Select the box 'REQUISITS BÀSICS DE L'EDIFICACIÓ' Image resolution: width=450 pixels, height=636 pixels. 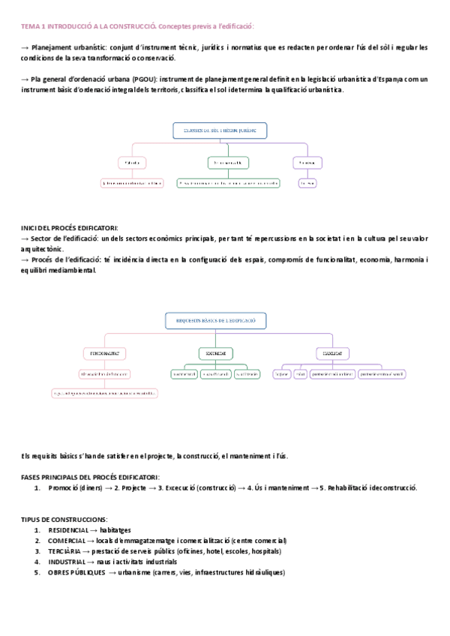click(x=216, y=320)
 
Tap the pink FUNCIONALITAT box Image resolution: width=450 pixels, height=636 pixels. click(x=104, y=352)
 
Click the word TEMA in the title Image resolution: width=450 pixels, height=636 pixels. click(x=31, y=25)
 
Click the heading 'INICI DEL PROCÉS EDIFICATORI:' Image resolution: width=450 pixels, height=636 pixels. click(x=69, y=228)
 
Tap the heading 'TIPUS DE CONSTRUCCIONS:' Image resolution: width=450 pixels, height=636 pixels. click(x=64, y=519)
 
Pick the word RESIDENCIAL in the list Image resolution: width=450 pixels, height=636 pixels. click(x=68, y=529)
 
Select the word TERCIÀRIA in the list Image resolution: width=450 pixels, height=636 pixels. click(x=64, y=550)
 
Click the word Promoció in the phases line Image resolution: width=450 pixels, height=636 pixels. click(x=64, y=487)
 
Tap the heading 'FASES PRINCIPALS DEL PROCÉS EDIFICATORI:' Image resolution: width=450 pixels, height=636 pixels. click(x=89, y=477)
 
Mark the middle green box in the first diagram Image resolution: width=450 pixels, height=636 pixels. click(x=228, y=162)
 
